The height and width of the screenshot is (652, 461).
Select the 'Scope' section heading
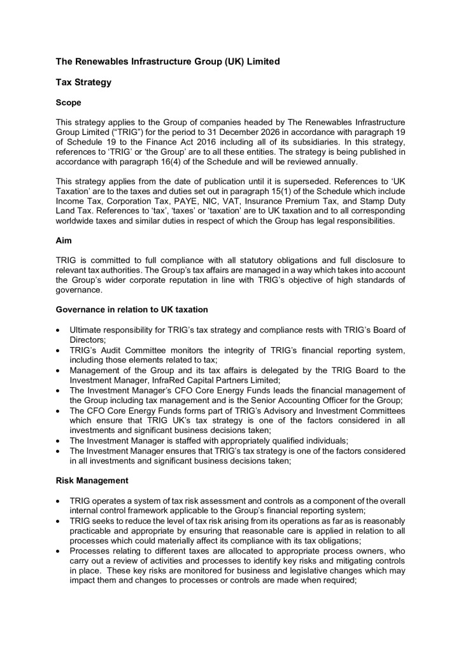point(69,102)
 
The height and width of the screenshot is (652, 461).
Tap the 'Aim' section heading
point(64,241)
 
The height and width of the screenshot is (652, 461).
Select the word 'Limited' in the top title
point(262,62)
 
